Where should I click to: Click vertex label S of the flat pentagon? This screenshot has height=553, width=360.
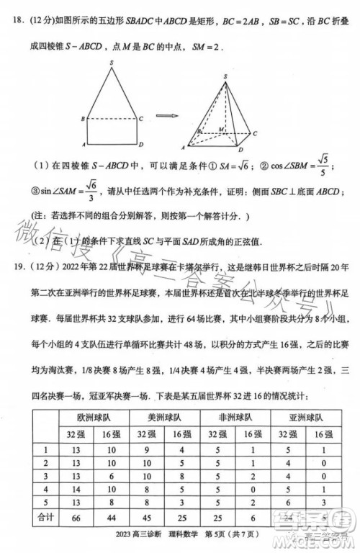[112, 63]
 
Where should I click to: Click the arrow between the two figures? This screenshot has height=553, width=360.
[166, 115]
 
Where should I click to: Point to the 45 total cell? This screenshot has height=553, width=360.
[147, 516]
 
